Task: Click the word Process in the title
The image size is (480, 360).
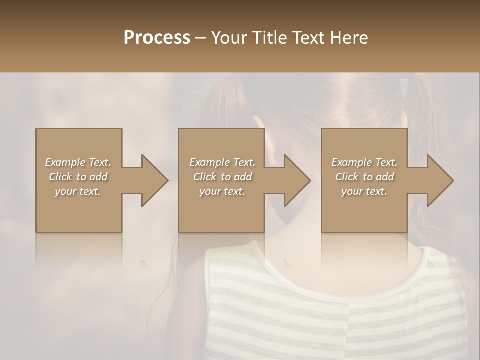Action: pyautogui.click(x=157, y=38)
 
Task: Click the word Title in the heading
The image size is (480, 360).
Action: pyautogui.click(x=269, y=38)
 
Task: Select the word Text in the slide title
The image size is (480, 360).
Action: pyautogui.click(x=309, y=38)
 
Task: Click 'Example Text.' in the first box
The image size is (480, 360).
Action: pyautogui.click(x=78, y=162)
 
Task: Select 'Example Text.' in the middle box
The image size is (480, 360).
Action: pyautogui.click(x=222, y=162)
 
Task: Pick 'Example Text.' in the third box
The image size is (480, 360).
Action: pyautogui.click(x=364, y=162)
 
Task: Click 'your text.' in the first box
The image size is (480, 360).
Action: pyautogui.click(x=78, y=191)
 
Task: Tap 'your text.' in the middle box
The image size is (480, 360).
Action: pyautogui.click(x=222, y=191)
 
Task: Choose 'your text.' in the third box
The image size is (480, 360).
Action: pyautogui.click(x=364, y=191)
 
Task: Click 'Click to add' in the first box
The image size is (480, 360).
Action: pyautogui.click(x=78, y=177)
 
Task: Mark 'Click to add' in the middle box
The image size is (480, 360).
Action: pyautogui.click(x=222, y=177)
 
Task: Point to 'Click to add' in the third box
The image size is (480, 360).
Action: pyautogui.click(x=364, y=177)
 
